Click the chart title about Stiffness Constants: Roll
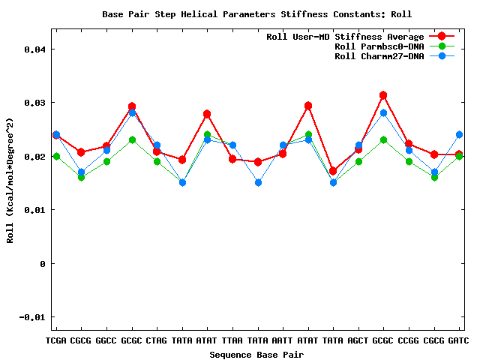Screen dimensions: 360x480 click(256, 14)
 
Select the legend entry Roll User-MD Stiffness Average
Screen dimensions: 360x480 click(345, 37)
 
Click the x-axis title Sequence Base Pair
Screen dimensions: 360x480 click(256, 354)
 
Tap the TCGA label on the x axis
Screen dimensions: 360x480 click(56, 341)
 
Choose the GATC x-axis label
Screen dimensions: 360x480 click(458, 341)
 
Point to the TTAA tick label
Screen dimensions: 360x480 click(232, 341)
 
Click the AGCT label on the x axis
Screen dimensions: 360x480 click(358, 341)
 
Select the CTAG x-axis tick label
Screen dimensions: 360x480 click(157, 341)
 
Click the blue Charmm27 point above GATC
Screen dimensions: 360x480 click(459, 135)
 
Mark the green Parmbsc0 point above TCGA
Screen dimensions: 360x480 click(56, 156)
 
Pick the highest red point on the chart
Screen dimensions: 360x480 click(383, 95)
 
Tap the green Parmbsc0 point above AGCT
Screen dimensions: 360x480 click(358, 161)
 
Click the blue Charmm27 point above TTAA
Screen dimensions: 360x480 click(232, 145)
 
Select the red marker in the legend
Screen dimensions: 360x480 click(442, 37)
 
